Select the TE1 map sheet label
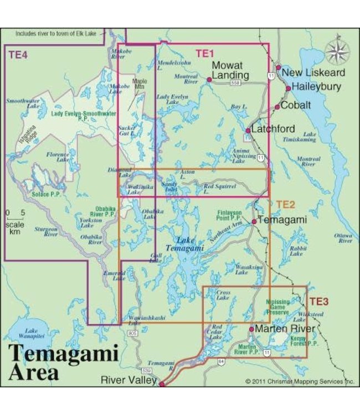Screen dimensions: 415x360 tap(204, 54)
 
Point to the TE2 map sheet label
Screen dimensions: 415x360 tap(285, 204)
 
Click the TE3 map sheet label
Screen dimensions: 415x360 tap(318, 302)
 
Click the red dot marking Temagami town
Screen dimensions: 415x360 tap(254, 221)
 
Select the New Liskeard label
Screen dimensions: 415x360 tap(313, 72)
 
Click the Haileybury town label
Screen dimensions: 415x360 tap(317, 87)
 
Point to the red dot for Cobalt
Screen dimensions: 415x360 tap(277, 107)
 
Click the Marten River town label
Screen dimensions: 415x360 tap(285, 329)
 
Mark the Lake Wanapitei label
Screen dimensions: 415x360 tap(24, 329)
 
